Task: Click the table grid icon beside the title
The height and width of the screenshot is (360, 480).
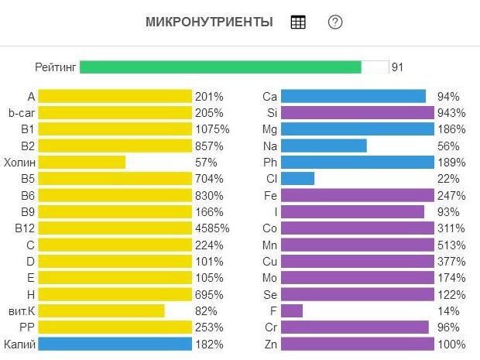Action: pos(298,22)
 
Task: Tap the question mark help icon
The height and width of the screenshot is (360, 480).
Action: pos(335,22)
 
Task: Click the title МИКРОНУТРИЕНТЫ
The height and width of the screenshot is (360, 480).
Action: pos(209,22)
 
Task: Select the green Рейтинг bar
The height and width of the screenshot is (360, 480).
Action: pos(221,67)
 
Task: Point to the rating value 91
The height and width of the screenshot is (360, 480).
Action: pos(397,67)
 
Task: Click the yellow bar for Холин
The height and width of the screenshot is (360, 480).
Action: pos(82,163)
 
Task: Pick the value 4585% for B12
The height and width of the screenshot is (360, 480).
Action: pos(212,228)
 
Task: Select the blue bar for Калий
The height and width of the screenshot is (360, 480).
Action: pos(115,344)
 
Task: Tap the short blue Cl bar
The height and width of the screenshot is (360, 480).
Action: pos(297,179)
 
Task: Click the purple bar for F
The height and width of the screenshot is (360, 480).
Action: pos(292,310)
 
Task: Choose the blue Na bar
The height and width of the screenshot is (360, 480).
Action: pos(324,146)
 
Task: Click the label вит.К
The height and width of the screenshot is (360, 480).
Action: pos(19,310)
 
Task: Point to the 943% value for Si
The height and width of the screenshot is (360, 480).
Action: pos(451,113)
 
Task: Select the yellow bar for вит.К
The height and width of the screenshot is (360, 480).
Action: pos(101,310)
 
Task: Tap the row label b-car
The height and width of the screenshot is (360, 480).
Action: pos(22,113)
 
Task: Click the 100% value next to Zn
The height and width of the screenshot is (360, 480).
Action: pos(451,344)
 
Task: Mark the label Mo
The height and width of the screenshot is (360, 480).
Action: pos(270,277)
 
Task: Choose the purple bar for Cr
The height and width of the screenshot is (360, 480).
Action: pos(355,327)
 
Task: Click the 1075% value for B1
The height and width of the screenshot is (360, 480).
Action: pos(212,129)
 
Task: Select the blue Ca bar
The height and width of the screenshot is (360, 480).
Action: pos(353,97)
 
